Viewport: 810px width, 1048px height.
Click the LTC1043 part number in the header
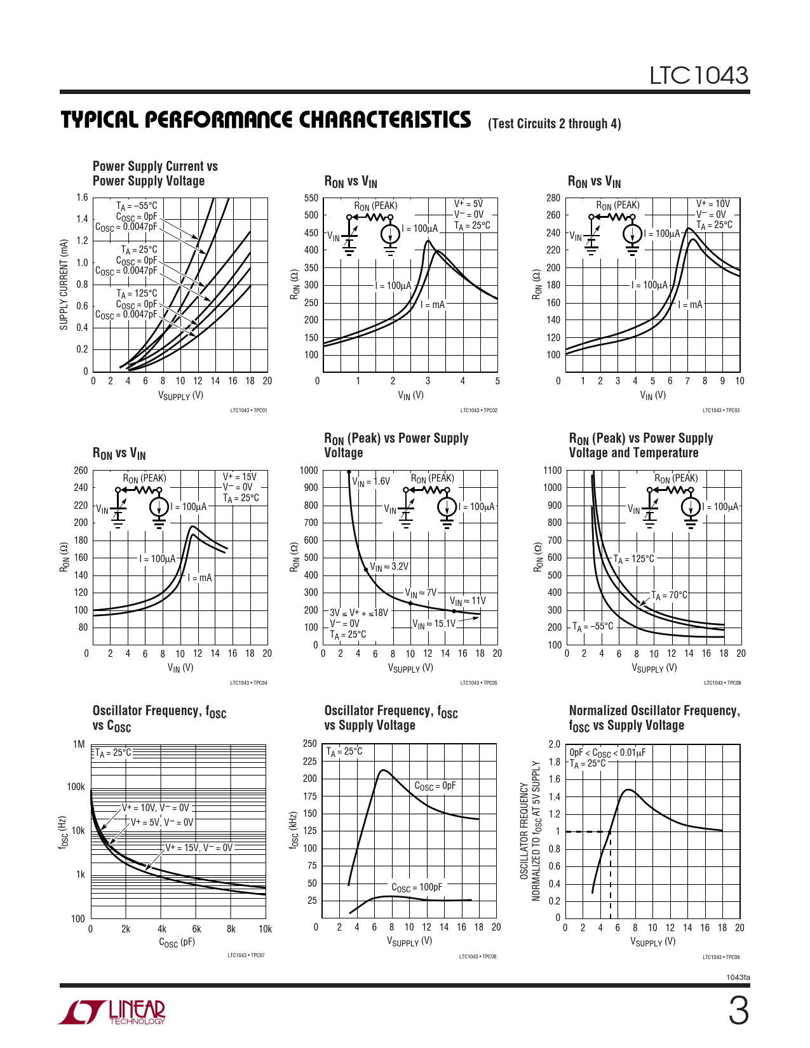point(698,76)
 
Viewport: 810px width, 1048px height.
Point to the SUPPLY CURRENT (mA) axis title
point(64,285)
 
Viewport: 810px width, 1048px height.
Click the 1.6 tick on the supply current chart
point(83,198)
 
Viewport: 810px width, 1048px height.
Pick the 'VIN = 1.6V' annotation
point(371,481)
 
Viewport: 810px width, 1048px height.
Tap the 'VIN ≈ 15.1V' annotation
point(434,624)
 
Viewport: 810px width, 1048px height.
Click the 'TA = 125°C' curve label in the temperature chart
point(633,559)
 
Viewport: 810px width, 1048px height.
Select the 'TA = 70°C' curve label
point(669,595)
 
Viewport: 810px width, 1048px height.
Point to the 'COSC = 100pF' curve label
point(416,887)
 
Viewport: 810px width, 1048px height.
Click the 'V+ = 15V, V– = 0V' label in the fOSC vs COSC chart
point(199,847)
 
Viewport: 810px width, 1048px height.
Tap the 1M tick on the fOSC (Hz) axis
point(79,744)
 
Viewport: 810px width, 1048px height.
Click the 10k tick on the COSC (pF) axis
point(265,929)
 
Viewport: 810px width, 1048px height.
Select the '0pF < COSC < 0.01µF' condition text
point(607,753)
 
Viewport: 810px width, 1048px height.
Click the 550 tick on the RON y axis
point(311,198)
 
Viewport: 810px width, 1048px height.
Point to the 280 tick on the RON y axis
point(553,198)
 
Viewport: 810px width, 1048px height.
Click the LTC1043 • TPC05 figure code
point(478,683)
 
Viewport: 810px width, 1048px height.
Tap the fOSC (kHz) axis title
point(293,830)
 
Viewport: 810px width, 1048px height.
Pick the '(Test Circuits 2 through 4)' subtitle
point(554,124)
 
